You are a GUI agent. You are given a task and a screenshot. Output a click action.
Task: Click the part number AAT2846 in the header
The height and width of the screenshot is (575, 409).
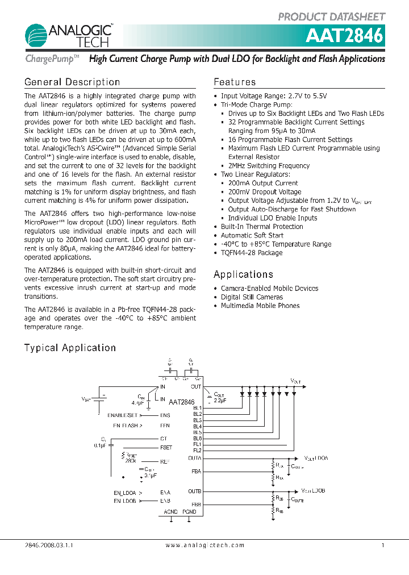pyautogui.click(x=345, y=36)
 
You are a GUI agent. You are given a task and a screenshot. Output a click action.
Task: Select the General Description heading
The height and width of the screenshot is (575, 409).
pyautogui.click(x=72, y=82)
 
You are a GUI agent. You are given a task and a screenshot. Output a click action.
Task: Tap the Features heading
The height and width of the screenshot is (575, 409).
pyautogui.click(x=235, y=82)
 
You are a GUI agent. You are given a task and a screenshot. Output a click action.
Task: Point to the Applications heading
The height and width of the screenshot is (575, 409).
pyautogui.click(x=243, y=274)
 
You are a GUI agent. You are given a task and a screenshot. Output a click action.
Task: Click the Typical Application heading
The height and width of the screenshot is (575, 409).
pyautogui.click(x=70, y=348)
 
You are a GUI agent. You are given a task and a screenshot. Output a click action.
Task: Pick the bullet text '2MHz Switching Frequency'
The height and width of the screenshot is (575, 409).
pyautogui.click(x=269, y=166)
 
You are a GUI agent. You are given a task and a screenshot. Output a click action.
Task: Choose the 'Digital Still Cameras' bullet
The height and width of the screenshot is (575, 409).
pyautogui.click(x=252, y=297)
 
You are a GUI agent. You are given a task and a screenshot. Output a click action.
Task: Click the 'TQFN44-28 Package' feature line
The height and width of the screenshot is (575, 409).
pyautogui.click(x=252, y=253)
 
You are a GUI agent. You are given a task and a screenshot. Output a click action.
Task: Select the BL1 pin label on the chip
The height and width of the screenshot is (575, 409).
pyautogui.click(x=197, y=408)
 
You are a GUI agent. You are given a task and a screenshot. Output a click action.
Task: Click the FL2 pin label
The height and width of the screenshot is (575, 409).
pyautogui.click(x=197, y=450)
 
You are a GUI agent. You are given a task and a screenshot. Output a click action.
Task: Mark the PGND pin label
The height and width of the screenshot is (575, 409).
pyautogui.click(x=190, y=512)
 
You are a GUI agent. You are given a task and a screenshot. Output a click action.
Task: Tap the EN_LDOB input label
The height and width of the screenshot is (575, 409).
pyautogui.click(x=124, y=501)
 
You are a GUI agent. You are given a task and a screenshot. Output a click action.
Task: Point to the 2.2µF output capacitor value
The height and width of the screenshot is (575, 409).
pyautogui.click(x=219, y=400)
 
